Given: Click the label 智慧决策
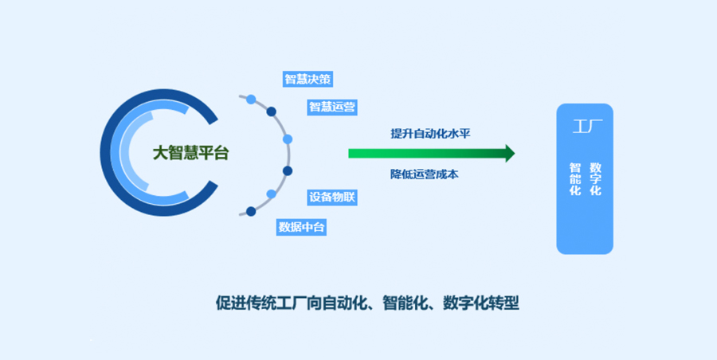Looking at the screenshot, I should pos(308,79).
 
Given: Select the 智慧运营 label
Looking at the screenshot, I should pos(331,106).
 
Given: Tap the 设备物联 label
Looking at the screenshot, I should pos(331,197).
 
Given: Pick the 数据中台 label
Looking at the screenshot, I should pos(301,227).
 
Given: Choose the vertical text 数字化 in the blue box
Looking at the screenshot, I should pos(596,180).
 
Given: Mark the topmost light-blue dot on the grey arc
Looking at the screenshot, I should pos(251,99).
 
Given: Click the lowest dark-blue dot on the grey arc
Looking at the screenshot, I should pos(251,211).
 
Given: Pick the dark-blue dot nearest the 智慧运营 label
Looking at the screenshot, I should pos(272,112).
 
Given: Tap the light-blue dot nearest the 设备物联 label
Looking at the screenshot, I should pos(272,194).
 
